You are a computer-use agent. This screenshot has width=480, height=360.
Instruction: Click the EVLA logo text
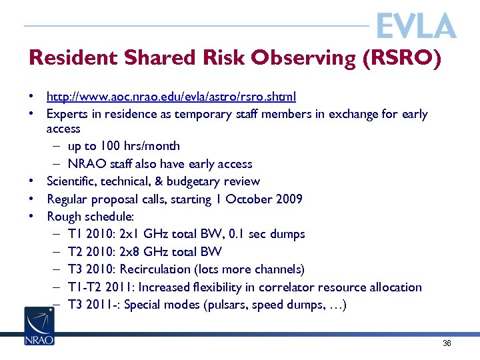(x=416, y=26)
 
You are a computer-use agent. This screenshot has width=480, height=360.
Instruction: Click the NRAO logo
(x=39, y=326)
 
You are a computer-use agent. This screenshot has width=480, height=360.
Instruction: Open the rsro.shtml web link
(x=171, y=97)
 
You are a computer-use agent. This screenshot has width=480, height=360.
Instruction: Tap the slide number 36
(x=447, y=343)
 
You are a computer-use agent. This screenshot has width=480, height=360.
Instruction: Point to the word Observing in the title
(x=303, y=58)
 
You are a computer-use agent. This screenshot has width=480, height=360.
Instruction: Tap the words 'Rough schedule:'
(x=91, y=217)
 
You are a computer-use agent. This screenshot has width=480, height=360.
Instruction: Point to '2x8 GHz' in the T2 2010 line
(x=141, y=252)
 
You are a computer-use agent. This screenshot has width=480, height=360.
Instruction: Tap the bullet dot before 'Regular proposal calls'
(x=31, y=199)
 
